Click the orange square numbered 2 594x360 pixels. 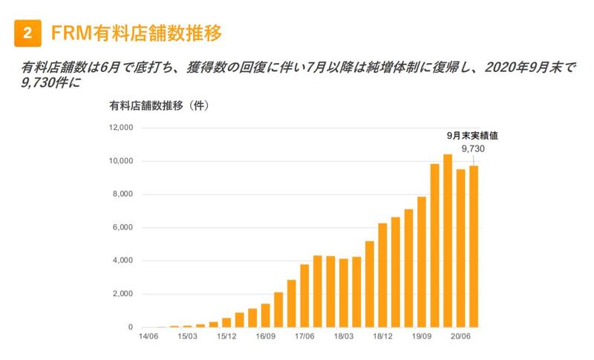click(27, 33)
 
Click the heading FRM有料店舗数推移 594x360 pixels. click(137, 33)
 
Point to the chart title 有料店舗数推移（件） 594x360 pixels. click(159, 106)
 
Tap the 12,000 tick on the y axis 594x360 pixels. click(120, 128)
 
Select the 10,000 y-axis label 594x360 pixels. click(120, 161)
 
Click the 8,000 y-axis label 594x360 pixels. click(122, 194)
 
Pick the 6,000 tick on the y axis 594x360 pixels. click(122, 228)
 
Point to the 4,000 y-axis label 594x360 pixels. click(122, 261)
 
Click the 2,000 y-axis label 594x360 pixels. click(122, 294)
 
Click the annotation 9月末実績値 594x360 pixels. click(471, 136)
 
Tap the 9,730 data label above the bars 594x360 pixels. click(473, 148)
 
